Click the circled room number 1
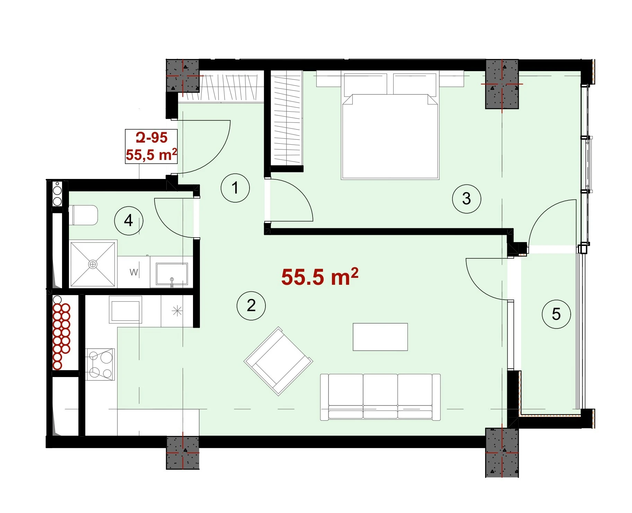coord(235,188)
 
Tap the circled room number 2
coord(251,305)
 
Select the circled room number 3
coord(466,198)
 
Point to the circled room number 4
coord(129,220)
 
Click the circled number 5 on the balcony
coord(556,314)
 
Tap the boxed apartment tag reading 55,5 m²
coord(151,154)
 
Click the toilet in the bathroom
coord(84,215)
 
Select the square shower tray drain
coord(93,264)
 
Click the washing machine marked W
coord(134,272)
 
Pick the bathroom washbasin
coord(172,274)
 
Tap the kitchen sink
coord(125,309)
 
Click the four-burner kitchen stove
coord(100,364)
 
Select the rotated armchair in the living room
coord(279,361)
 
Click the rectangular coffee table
coord(380,337)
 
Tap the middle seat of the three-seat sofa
coord(380,397)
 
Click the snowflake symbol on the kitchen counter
coord(177,310)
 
